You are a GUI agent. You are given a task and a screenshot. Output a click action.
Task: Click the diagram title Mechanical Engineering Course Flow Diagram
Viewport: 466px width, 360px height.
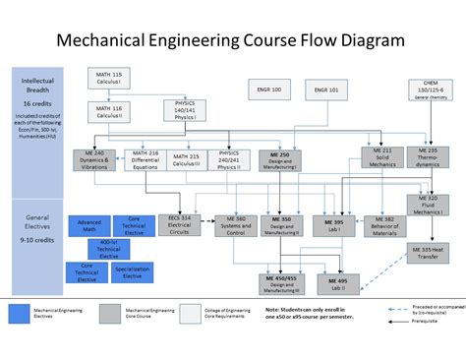pyautogui.click(x=230, y=40)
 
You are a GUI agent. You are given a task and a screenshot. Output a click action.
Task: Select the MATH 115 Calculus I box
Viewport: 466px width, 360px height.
pyautogui.click(x=109, y=79)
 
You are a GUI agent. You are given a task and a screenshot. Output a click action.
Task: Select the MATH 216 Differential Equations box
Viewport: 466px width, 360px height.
pyautogui.click(x=145, y=157)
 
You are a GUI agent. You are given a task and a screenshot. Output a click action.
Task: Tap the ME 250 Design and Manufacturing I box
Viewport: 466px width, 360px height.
pyautogui.click(x=281, y=159)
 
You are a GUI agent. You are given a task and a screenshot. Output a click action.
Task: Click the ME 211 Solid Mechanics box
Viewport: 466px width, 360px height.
pyautogui.click(x=380, y=157)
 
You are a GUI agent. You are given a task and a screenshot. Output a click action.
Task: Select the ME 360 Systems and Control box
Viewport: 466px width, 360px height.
pyautogui.click(x=234, y=223)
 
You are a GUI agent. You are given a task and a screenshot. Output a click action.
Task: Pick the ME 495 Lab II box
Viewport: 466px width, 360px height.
pyautogui.click(x=336, y=283)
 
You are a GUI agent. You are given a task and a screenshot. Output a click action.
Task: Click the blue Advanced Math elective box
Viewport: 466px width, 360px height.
pyautogui.click(x=89, y=224)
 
